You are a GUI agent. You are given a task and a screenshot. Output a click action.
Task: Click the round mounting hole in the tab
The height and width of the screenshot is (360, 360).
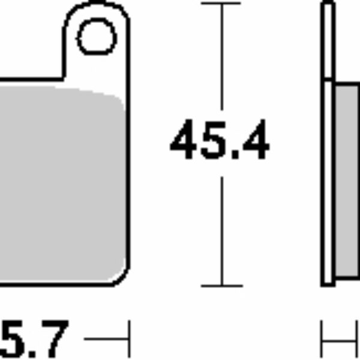(x=97, y=37)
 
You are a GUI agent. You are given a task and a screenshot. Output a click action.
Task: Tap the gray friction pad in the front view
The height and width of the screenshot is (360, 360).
(x=60, y=180)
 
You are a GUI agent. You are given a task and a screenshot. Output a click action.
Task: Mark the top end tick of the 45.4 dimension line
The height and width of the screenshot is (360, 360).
(x=221, y=4)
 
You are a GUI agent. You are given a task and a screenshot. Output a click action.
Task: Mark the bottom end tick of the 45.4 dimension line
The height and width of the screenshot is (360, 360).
(x=221, y=286)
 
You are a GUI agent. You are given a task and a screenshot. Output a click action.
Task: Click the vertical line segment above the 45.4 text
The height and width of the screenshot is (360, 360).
(x=221, y=60)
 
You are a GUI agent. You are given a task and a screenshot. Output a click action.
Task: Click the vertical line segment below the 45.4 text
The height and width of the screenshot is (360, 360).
(x=221, y=228)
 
